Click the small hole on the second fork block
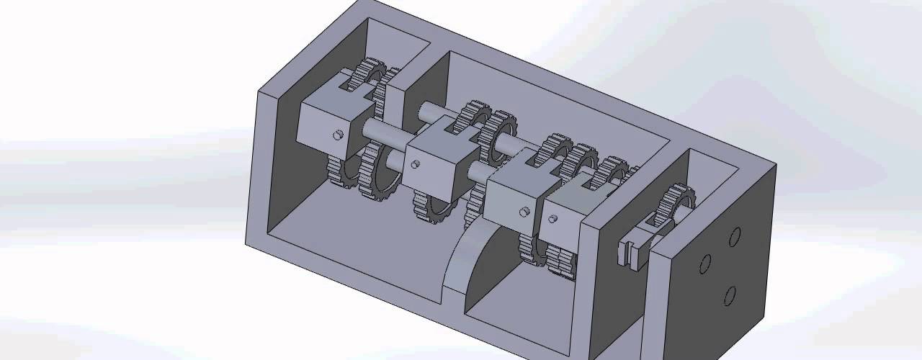pyautogui.click(x=416, y=164)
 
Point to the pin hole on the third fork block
pyautogui.click(x=525, y=212)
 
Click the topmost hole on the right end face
pyautogui.click(x=735, y=237)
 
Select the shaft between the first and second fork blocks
pyautogui.click(x=382, y=133)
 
